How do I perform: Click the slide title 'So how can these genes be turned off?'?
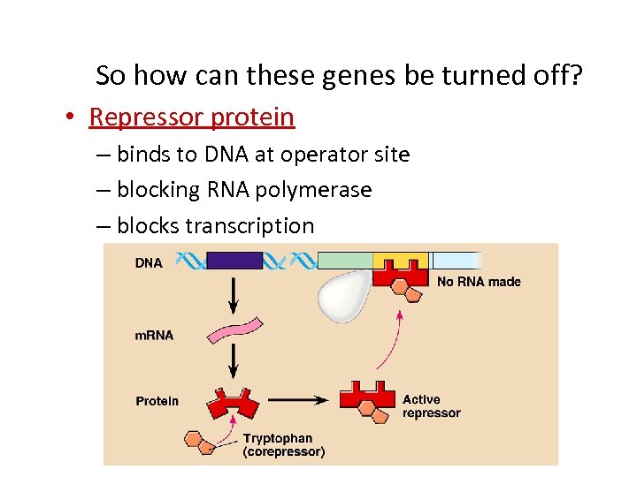(339, 76)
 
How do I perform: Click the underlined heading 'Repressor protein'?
(192, 117)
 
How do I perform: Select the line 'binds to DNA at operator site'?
(263, 155)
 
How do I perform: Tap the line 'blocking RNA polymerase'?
(243, 190)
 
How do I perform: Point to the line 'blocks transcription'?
(215, 226)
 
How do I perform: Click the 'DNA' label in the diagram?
(149, 263)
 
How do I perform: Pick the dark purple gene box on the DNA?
(234, 261)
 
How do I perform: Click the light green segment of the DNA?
(345, 261)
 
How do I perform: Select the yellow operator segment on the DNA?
(400, 260)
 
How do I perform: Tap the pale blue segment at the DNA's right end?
(456, 261)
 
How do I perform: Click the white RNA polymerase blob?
(346, 296)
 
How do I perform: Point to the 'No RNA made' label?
(479, 282)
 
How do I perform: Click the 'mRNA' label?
(154, 336)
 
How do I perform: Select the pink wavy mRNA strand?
(234, 330)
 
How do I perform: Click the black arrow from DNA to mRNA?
(234, 292)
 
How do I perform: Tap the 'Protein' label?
(157, 401)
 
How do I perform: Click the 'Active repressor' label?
(431, 406)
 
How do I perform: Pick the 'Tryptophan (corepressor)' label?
(283, 445)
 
